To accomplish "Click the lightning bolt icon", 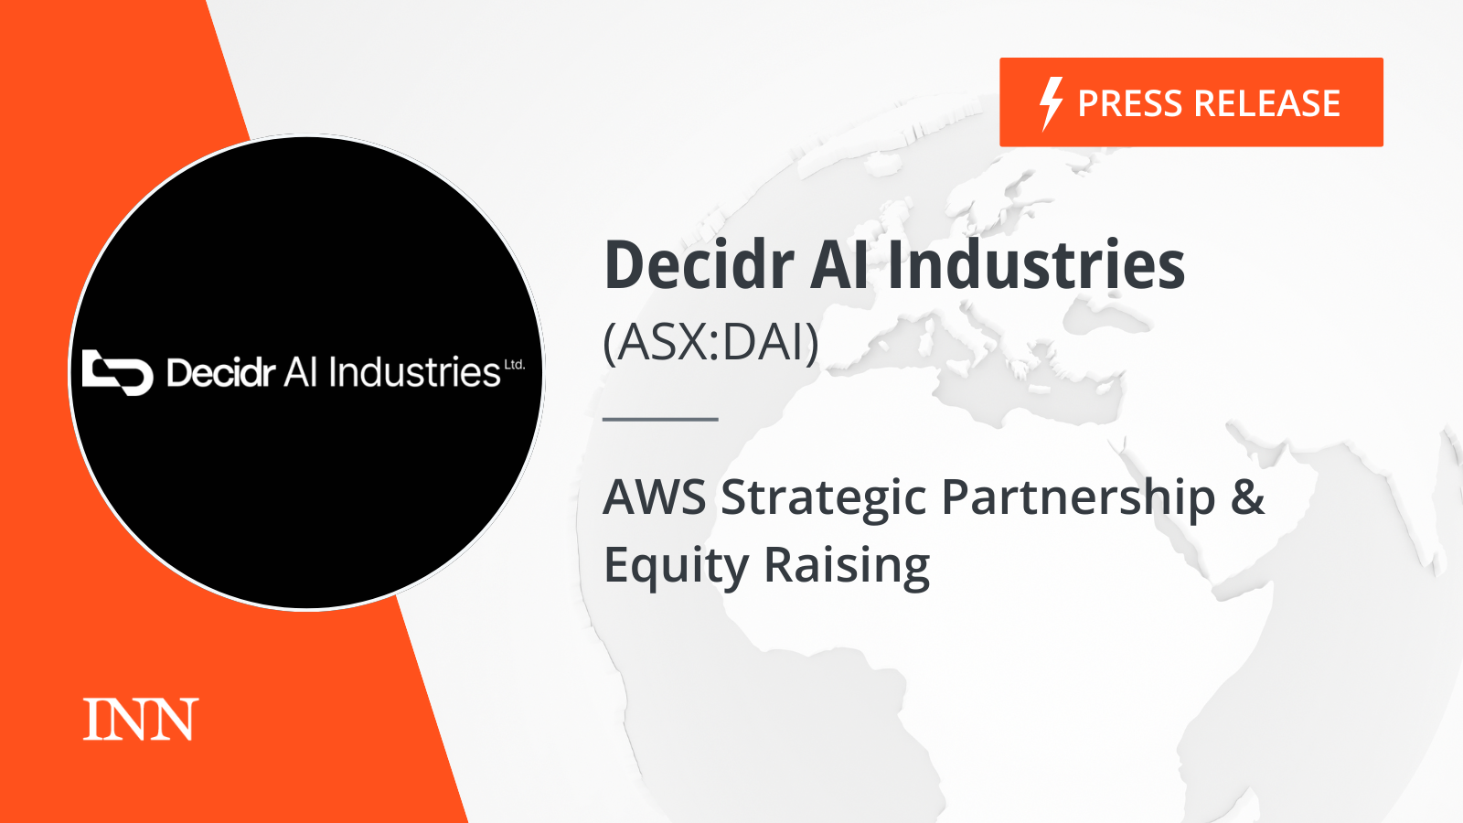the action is [x=1051, y=104].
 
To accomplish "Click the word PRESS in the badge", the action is [x=1132, y=103].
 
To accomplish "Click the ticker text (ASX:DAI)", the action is [x=710, y=342].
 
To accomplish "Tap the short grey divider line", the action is [x=660, y=420].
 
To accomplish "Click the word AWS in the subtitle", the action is [x=655, y=497].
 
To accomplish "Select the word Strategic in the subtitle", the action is [x=824, y=499].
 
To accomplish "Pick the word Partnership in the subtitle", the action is [x=1078, y=499].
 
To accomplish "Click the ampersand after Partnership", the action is [x=1247, y=497].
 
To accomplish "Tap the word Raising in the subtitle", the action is [x=847, y=566].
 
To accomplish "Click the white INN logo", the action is [x=141, y=720].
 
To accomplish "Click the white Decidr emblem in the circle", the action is [x=118, y=372].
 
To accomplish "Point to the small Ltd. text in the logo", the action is [x=515, y=365].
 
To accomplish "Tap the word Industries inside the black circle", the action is [x=415, y=372].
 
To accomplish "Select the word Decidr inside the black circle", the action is [x=220, y=373].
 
